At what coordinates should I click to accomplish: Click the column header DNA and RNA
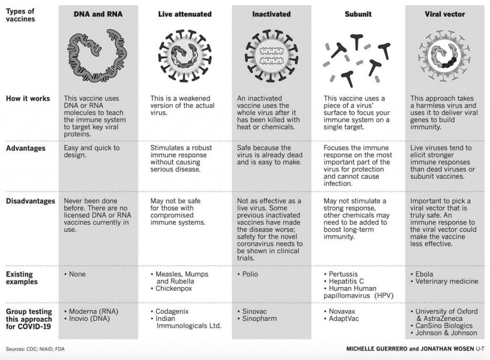coord(98,14)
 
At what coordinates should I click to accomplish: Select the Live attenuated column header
coord(185,14)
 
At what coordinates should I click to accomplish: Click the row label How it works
coord(28,99)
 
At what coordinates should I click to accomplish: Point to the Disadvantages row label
coord(30,201)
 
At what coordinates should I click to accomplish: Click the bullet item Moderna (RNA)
coord(93,311)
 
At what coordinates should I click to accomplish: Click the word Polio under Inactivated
coord(250,274)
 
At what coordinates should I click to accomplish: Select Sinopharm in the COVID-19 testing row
coord(259,318)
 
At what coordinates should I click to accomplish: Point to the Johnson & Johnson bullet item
coord(446,333)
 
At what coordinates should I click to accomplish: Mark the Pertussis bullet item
coord(344,274)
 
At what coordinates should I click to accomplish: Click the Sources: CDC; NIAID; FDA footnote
coord(35,349)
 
